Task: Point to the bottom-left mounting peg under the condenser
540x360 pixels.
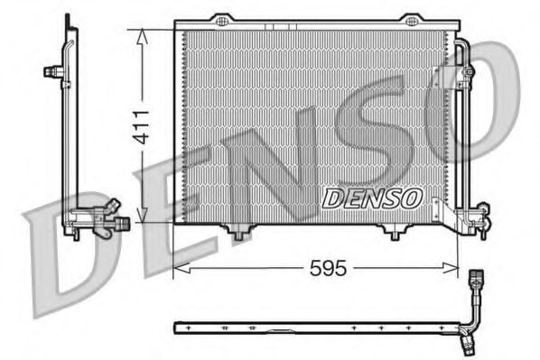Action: [238, 234]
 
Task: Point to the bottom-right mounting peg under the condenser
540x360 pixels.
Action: [395, 234]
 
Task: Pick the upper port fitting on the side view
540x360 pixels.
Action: [57, 70]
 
